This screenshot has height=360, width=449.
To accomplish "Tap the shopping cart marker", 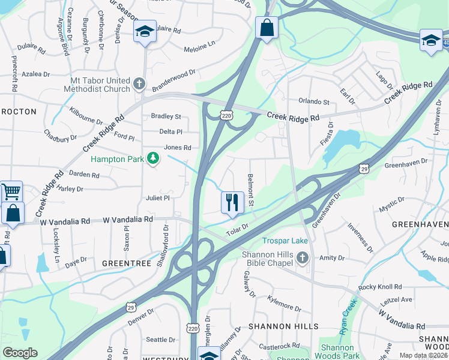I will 11,192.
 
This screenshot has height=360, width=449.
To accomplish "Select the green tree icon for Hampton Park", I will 154,158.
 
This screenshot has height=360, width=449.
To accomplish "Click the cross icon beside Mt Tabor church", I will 140,84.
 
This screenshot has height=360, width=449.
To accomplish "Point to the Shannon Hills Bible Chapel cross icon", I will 302,259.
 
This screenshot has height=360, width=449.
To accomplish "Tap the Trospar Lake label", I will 285,241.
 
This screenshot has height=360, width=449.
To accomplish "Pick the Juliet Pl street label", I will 158,197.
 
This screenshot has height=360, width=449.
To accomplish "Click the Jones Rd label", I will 177,147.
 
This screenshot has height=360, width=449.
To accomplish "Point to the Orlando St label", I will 314,102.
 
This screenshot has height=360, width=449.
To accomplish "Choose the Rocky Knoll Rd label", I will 380,287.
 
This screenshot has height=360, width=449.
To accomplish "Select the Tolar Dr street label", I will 237,228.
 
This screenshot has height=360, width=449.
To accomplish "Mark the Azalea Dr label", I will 36,74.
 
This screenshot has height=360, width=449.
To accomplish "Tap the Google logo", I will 20,353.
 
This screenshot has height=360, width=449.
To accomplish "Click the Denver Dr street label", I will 141,317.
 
